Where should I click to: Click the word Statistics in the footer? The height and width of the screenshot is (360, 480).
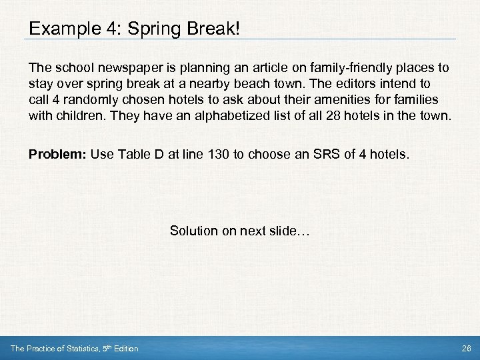[79, 349]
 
